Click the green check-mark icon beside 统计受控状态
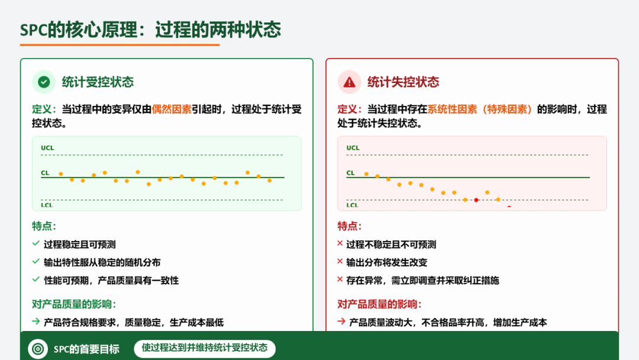pyautogui.click(x=44, y=82)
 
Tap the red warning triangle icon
pyautogui.click(x=349, y=82)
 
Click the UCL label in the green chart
pyautogui.click(x=47, y=148)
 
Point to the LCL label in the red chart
pyautogui.click(x=352, y=205)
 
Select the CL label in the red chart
pyautogui.click(x=350, y=173)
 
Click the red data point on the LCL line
pyautogui.click(x=476, y=200)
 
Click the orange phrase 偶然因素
pyautogui.click(x=172, y=110)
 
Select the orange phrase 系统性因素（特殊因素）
pyautogui.click(x=480, y=110)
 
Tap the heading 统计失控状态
pyautogui.click(x=403, y=82)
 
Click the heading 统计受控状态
pyautogui.click(x=98, y=82)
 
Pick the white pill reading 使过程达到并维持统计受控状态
pyautogui.click(x=205, y=349)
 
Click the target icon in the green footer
pyautogui.click(x=38, y=349)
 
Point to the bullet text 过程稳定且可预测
pyautogui.click(x=79, y=245)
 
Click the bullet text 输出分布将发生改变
pyautogui.click(x=387, y=262)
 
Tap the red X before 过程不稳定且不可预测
pyautogui.click(x=340, y=243)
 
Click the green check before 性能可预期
pyautogui.click(x=36, y=279)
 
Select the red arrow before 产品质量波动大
pyautogui.click(x=341, y=322)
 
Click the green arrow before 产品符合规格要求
pyautogui.click(x=36, y=322)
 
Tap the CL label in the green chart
pyautogui.click(x=45, y=173)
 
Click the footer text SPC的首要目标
pyautogui.click(x=86, y=349)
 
